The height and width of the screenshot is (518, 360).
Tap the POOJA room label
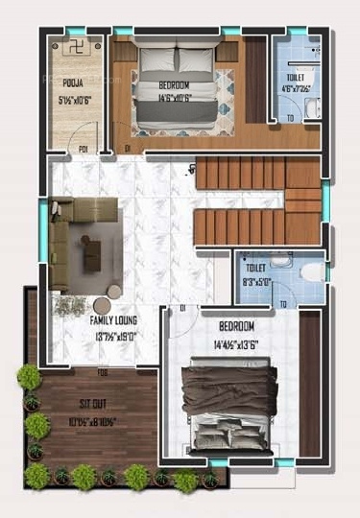(x=73, y=83)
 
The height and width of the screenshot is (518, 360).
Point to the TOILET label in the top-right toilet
(x=296, y=77)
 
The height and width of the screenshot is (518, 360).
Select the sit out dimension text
(x=93, y=419)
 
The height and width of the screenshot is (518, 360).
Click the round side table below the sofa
(x=114, y=293)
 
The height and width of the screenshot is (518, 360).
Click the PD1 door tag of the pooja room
(x=85, y=149)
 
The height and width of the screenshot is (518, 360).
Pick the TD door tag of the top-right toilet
(x=291, y=118)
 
